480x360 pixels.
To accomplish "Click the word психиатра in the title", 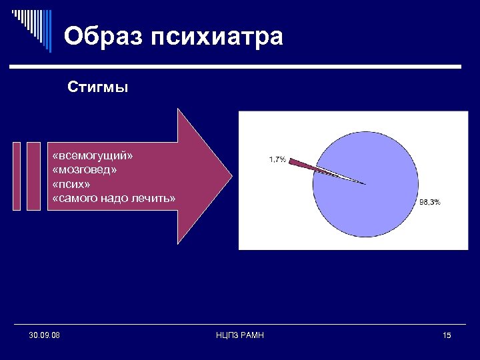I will point(217,37).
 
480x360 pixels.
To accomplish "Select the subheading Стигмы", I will point(97,88).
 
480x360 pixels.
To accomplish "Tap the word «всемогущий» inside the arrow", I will point(93,155).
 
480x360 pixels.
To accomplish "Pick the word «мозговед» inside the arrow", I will point(85,169).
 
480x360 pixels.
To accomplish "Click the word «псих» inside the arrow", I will point(71,184).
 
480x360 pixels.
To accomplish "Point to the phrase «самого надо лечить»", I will point(113,198).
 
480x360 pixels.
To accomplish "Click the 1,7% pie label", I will point(277,159).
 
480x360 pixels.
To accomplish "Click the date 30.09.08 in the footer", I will point(45,335).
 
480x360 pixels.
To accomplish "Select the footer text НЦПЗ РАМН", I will point(240,335).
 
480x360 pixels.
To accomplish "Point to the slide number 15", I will point(446,335).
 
